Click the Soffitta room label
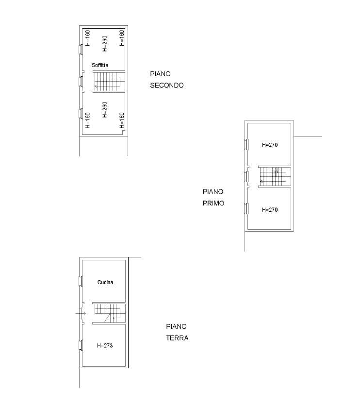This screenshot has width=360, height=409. pos(100,65)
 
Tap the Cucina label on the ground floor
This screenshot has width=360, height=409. pos(105,282)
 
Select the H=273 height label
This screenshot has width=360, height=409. pos(105,346)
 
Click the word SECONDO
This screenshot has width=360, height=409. pos(167,85)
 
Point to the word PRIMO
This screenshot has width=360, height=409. pos(213,203)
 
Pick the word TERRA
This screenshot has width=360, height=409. pos(177,338)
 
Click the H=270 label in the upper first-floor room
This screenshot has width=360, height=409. pos(270,145)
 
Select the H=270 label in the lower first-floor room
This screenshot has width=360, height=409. pos(270,210)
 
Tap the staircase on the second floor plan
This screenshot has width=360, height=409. pos(109,82)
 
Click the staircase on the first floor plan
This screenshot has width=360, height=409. pos(275,176)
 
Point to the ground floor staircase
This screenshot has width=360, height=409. pos(109,313)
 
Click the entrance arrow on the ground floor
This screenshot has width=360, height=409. pos(81,313)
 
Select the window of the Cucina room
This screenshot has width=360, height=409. pos(81,281)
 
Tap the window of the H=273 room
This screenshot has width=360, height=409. pos(81,345)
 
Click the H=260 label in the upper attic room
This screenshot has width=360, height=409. pos(105,44)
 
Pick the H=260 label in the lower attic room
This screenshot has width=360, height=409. pos(105,110)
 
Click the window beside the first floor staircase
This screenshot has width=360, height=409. pos(246,176)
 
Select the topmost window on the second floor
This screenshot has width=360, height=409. pos(81,49)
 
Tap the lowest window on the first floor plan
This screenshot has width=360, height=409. pos(246,208)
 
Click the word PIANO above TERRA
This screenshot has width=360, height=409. pos(176,326)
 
